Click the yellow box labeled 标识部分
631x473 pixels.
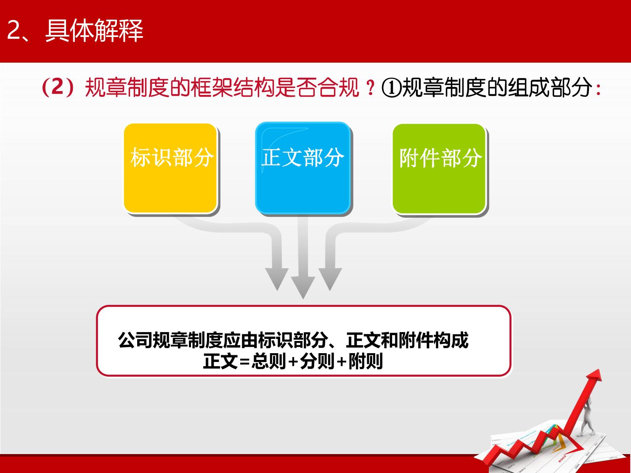170,168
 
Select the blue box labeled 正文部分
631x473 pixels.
303,168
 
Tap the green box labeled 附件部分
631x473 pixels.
439,169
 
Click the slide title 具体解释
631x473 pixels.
94,30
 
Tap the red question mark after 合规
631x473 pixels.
371,87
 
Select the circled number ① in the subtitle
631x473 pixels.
391,88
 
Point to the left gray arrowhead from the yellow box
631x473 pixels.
277,279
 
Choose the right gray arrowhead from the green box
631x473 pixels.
330,279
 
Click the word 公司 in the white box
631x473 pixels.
135,340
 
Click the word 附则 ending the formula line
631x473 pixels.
366,361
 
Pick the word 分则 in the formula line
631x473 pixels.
317,361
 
